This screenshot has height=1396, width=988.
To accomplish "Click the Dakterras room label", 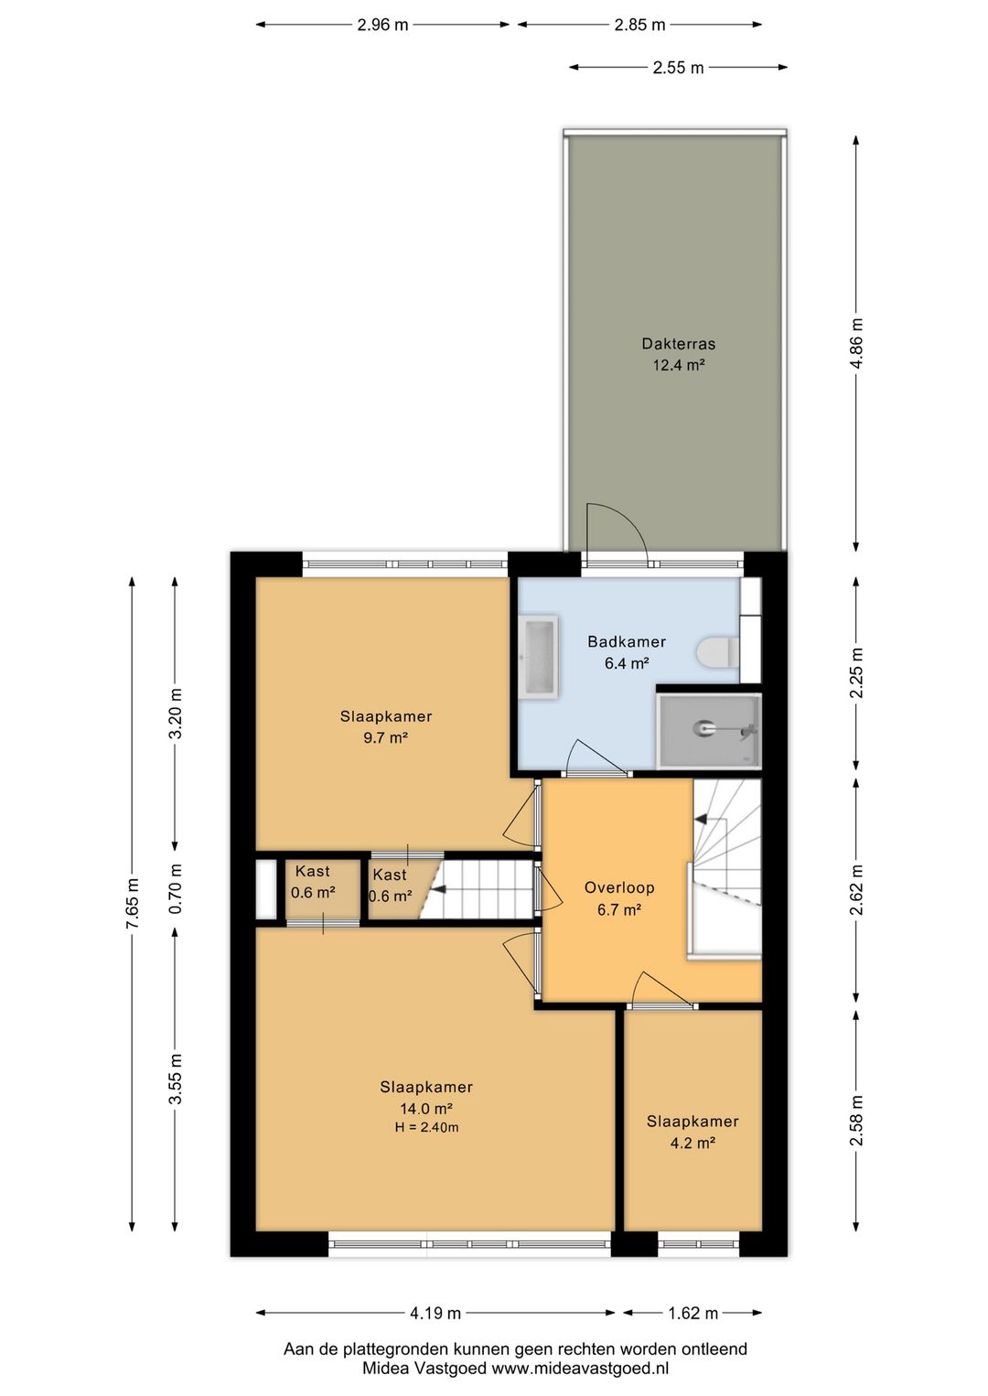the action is [x=678, y=343].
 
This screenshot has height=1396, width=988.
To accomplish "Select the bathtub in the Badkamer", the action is [x=539, y=656].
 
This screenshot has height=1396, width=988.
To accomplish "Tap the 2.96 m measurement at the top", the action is [x=382, y=25].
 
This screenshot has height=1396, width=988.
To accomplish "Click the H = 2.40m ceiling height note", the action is [x=426, y=1127].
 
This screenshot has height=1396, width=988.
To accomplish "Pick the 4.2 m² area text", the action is [x=692, y=1143].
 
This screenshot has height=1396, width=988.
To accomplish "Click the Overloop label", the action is [x=619, y=887].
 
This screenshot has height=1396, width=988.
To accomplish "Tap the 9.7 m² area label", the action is [x=386, y=738].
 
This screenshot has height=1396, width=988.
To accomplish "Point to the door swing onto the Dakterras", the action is [x=617, y=527].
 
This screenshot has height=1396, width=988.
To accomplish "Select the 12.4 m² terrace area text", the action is [x=678, y=365].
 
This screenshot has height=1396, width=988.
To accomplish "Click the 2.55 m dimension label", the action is [x=678, y=68].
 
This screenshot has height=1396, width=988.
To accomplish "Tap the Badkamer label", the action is [x=627, y=641].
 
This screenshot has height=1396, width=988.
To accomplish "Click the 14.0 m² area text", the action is [x=426, y=1108].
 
